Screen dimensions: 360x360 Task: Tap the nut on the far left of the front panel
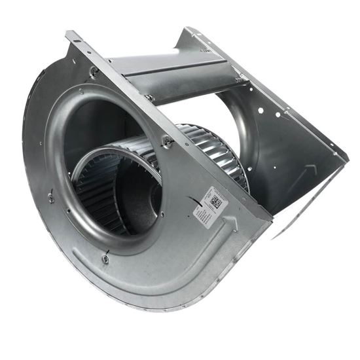click(x=51, y=197)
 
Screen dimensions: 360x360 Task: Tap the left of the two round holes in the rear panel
click(x=278, y=114)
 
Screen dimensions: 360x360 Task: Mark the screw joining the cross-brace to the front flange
click(x=151, y=98)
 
